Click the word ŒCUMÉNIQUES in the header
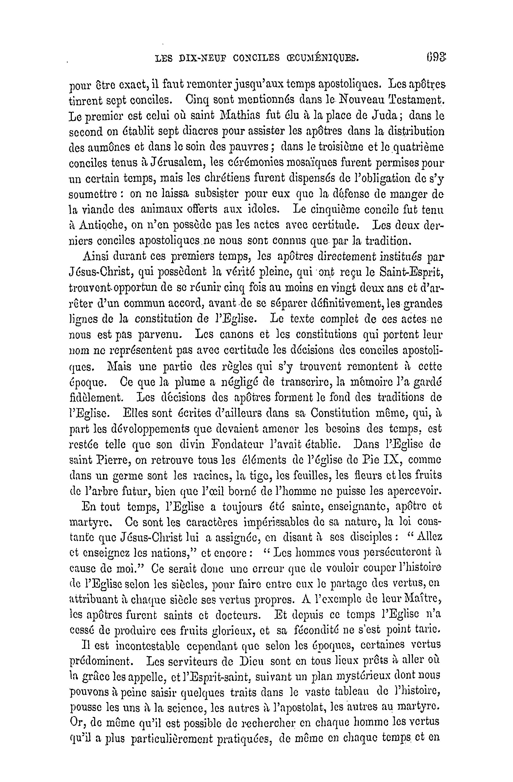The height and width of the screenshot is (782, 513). [x=323, y=58]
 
